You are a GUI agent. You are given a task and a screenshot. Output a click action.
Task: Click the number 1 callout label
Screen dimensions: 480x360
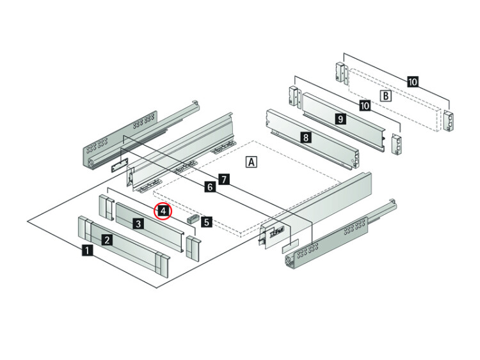point(87,251)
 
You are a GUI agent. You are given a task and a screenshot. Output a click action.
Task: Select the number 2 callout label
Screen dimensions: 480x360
point(107,240)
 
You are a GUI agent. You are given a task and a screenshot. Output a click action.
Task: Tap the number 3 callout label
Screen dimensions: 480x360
point(138,224)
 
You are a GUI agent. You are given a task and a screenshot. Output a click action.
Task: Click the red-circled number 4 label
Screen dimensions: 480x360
point(163,211)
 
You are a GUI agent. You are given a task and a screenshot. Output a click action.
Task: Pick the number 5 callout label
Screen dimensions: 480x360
point(207,222)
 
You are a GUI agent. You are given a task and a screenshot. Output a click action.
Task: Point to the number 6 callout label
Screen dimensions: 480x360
point(210,187)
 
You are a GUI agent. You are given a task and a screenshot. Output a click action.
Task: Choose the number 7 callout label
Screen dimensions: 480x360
point(225,179)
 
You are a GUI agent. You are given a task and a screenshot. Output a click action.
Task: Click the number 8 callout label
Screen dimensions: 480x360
point(305,137)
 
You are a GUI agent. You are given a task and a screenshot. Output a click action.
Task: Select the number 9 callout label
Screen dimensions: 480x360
point(340,118)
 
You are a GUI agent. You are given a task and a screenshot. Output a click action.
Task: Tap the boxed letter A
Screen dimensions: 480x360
point(252,162)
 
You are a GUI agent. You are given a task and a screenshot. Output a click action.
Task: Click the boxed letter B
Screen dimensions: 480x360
point(386,96)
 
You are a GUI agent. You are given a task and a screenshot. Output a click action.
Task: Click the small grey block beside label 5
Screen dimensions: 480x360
point(193,219)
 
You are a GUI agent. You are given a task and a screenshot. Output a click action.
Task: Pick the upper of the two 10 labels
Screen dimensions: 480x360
point(413,82)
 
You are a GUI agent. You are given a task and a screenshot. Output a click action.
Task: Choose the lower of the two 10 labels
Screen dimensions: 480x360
point(365,106)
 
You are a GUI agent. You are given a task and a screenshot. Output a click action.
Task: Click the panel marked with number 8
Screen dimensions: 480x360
point(312,140)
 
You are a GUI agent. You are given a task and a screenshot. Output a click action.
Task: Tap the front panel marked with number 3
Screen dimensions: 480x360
point(150,226)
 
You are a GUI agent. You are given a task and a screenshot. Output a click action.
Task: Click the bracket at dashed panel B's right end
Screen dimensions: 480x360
point(449,120)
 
